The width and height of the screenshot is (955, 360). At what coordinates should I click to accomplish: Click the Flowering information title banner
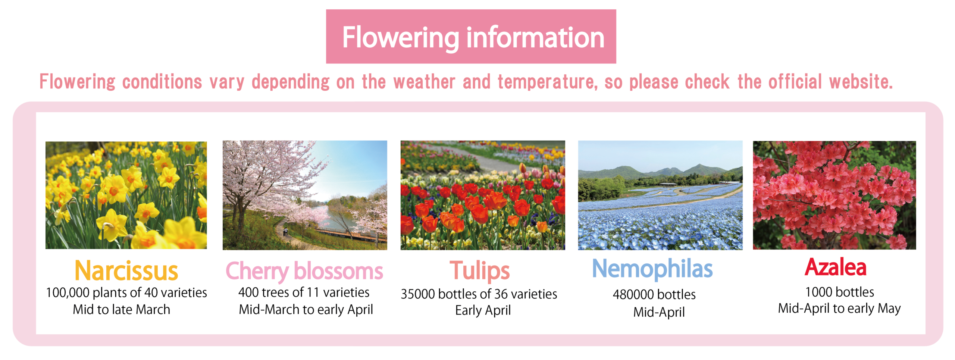(x=471, y=37)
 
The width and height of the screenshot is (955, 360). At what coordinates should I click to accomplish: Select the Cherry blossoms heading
(x=304, y=271)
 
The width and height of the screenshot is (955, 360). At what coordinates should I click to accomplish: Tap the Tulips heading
(x=480, y=271)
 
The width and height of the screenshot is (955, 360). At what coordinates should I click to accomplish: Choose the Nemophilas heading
(x=652, y=269)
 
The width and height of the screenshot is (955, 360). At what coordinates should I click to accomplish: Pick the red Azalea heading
(x=835, y=267)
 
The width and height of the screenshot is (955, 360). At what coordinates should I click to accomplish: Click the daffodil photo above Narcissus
(x=126, y=195)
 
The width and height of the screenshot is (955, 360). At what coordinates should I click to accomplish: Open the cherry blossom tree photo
(x=305, y=195)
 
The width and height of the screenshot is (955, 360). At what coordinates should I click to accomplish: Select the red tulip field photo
(x=483, y=195)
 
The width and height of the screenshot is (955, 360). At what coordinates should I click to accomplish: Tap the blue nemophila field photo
(x=660, y=195)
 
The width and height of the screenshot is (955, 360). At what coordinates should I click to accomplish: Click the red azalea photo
(x=835, y=195)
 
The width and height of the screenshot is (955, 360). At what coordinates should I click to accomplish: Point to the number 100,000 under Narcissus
(x=68, y=293)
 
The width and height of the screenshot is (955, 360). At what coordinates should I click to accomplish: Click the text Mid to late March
(x=122, y=309)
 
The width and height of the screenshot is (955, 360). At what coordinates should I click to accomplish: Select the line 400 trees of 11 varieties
(x=304, y=292)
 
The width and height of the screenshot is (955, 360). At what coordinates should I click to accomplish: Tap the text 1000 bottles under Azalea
(x=840, y=292)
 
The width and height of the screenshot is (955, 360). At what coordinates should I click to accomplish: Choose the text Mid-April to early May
(x=839, y=309)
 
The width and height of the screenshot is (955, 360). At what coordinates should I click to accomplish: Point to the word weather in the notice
(x=424, y=82)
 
